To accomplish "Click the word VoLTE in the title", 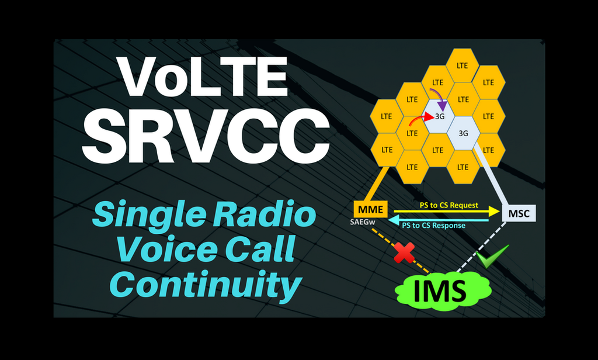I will click(206, 77).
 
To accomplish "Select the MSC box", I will click(519, 213).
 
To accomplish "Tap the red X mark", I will click(404, 252).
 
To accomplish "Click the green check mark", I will click(491, 256).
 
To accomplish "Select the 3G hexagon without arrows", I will click(464, 133).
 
